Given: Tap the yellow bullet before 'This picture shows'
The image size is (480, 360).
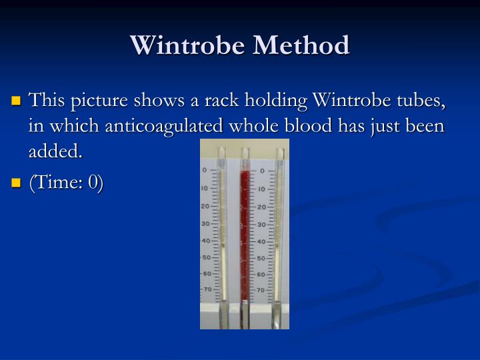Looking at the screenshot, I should (17, 102).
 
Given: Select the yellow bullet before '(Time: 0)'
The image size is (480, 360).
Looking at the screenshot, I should (17, 183).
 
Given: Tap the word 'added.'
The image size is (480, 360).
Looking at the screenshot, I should (55, 152).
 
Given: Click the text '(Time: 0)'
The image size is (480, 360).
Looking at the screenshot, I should (65, 183).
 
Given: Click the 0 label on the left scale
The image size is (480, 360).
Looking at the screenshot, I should (205, 171).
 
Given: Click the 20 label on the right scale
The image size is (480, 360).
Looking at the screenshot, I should (261, 207).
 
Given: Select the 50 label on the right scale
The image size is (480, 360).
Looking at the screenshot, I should (261, 257).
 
